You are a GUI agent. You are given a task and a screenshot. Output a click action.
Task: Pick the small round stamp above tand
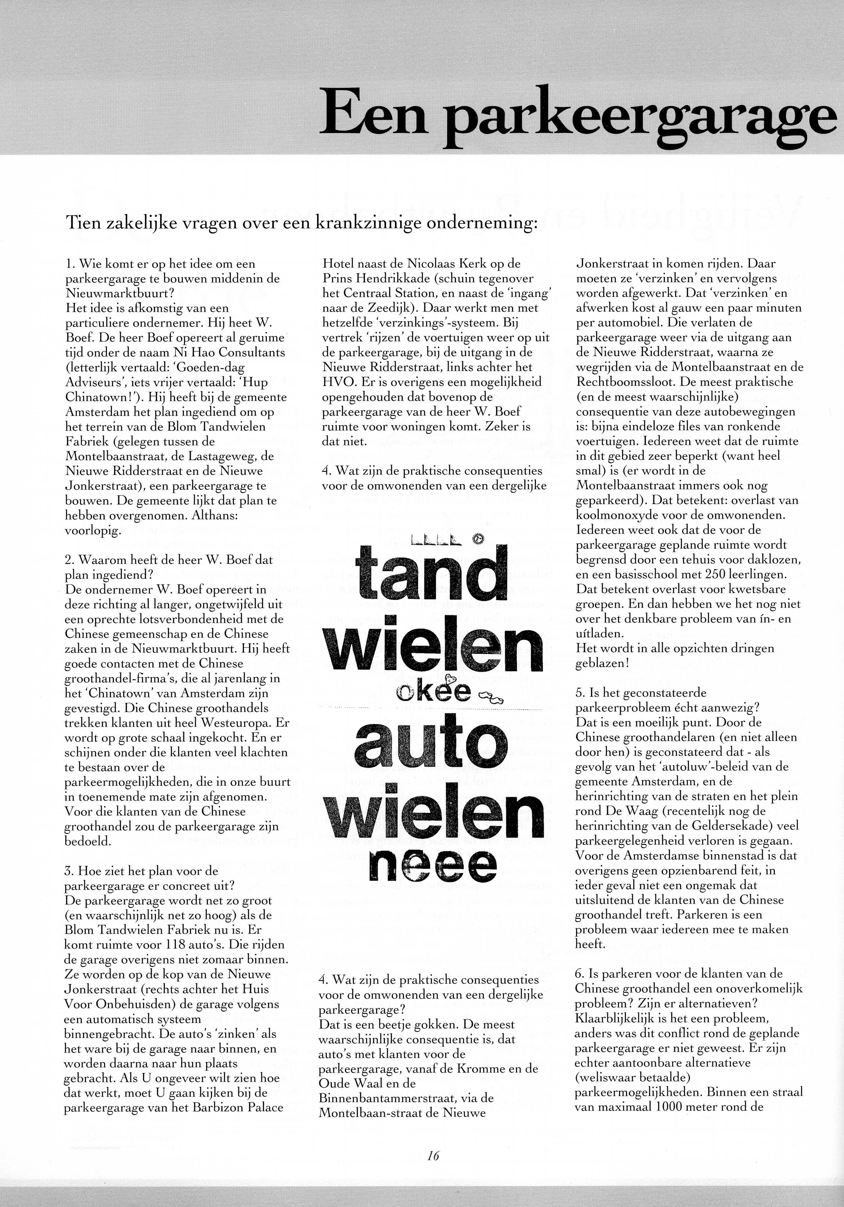pos(478,538)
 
